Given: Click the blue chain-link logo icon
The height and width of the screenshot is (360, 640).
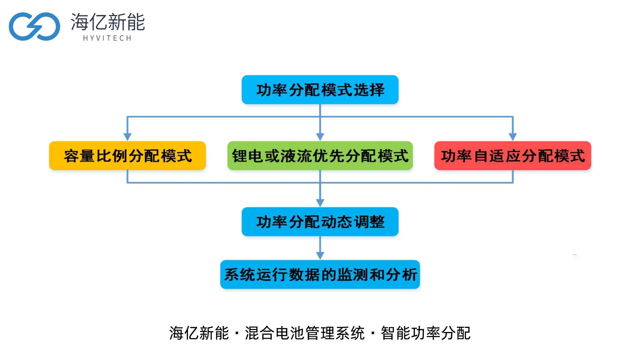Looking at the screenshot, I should (34, 26).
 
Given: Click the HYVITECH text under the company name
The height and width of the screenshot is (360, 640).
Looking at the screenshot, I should (107, 38).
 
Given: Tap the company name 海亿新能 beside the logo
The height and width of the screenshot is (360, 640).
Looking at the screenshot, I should (108, 22).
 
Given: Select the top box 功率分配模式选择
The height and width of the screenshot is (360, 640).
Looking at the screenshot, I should (320, 90).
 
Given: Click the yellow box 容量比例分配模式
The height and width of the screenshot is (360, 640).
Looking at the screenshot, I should (127, 156).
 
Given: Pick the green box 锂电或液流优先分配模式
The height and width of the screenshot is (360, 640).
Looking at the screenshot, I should (320, 156).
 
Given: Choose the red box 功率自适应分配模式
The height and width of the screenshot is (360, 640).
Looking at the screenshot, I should (513, 156).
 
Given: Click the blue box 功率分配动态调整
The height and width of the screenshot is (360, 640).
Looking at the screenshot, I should (320, 222).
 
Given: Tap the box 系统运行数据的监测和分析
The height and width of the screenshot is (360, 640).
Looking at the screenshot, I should (320, 274).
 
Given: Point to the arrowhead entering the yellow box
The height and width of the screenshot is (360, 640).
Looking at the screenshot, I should (127, 137).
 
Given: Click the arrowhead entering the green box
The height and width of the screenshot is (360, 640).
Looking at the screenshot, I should (320, 137).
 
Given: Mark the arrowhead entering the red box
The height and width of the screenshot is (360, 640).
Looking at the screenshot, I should (513, 137).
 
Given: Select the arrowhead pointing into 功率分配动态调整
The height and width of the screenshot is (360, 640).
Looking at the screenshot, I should (320, 203).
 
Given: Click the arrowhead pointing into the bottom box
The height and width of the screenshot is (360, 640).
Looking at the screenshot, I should (320, 256).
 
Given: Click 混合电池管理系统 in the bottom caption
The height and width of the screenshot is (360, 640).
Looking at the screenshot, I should (305, 333).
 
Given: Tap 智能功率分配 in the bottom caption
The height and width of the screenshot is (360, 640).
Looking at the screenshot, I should (426, 333).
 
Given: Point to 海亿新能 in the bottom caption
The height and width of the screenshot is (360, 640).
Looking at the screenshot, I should (199, 333).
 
